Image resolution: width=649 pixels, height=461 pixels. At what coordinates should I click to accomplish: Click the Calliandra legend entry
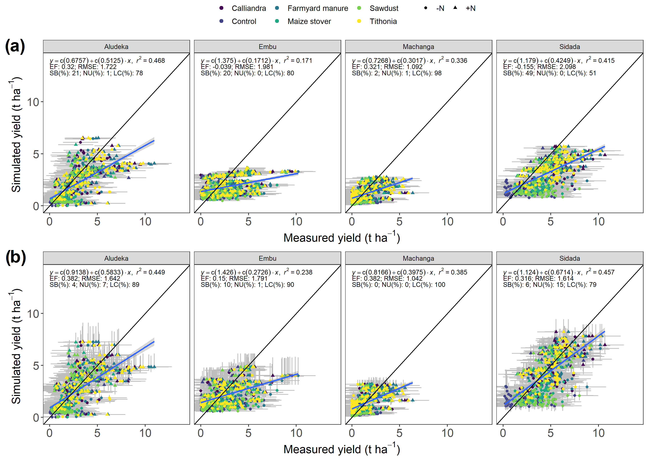pos(249,8)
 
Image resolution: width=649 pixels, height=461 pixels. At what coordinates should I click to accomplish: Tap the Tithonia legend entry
pos(383,21)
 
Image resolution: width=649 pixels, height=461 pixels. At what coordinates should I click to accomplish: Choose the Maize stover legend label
pos(309,21)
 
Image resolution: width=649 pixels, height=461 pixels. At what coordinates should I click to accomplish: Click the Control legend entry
pos(244,21)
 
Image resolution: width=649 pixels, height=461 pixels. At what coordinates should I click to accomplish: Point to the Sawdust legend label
pos(384,8)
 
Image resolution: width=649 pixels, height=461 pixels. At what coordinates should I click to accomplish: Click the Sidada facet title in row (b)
pos(569,258)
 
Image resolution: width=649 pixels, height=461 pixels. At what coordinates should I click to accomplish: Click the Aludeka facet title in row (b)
pos(116,258)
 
